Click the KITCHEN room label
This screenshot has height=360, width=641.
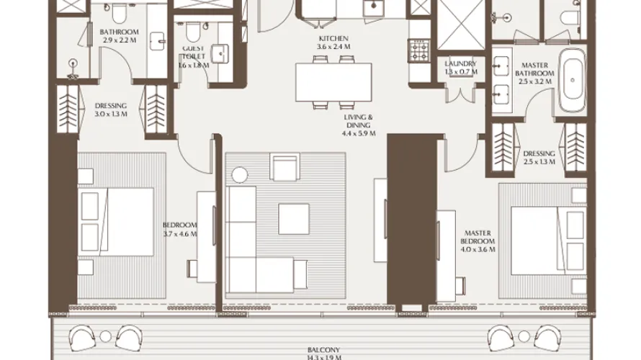pyautogui.click(x=333, y=38)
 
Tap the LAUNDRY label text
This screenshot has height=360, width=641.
pyautogui.click(x=461, y=64)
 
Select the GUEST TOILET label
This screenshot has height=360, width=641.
pyautogui.click(x=193, y=51)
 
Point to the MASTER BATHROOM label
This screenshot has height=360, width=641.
pyautogui.click(x=536, y=69)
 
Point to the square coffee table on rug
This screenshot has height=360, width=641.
pyautogui.click(x=294, y=219)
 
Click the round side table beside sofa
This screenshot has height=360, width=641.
pyautogui.click(x=239, y=174)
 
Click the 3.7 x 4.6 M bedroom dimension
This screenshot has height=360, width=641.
pyautogui.click(x=177, y=233)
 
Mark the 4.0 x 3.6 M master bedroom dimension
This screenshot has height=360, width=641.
pyautogui.click(x=478, y=250)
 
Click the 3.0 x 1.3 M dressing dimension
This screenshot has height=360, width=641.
pyautogui.click(x=111, y=114)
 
